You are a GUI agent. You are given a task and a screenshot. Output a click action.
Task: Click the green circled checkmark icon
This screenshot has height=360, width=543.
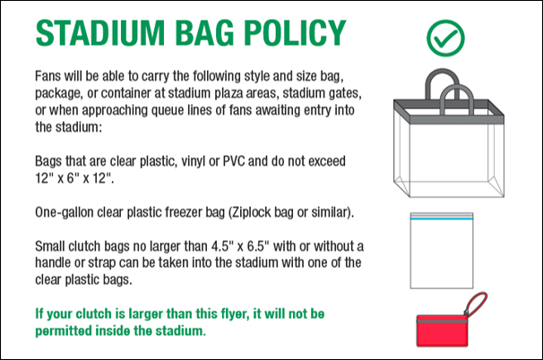coord(445,39)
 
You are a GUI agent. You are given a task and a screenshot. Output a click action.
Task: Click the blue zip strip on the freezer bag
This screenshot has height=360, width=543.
coord(442,219)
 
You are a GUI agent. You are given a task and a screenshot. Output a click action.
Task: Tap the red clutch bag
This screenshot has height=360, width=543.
coord(443,330)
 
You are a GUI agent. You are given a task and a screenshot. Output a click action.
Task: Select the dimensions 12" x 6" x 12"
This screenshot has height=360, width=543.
coord(74,178)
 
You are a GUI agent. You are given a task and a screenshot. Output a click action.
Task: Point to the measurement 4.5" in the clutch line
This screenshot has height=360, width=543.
coord(220,246)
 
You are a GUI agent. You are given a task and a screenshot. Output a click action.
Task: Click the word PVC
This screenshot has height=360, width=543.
coord(234,161)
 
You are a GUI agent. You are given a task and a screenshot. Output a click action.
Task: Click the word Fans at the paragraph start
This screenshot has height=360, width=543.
coord(48,76)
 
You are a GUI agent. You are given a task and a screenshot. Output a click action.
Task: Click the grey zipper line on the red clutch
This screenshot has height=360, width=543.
coord(443,321)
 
